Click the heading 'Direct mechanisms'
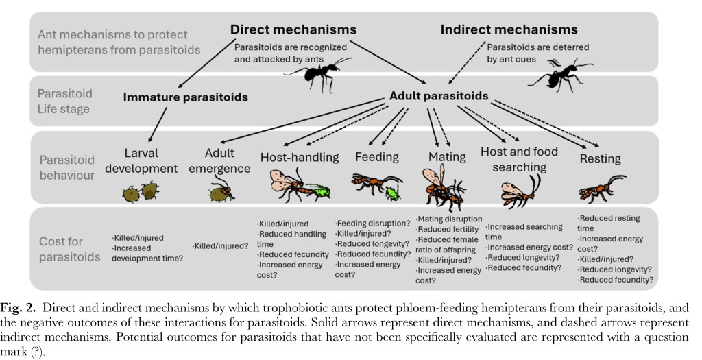point(293,29)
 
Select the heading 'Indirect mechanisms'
point(509,29)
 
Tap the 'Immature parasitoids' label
point(186,97)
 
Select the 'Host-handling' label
point(300,157)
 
